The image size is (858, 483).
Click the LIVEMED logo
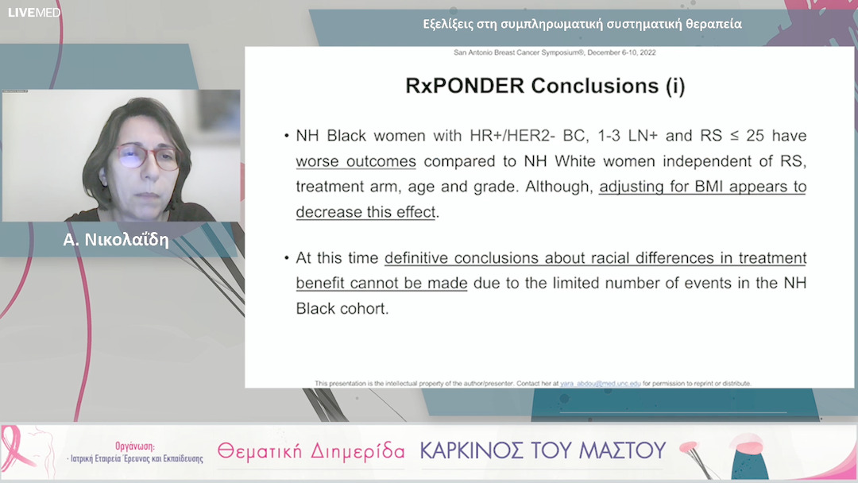point(34,13)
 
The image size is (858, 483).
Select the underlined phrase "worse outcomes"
point(356,161)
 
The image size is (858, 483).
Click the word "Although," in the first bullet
point(556,187)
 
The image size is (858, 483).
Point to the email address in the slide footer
point(600,383)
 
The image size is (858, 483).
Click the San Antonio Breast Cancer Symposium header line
point(554,52)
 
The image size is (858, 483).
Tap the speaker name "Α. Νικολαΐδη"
point(116,240)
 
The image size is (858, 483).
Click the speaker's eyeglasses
point(148,155)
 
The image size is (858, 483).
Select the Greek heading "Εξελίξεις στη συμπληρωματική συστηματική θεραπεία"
point(582,24)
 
